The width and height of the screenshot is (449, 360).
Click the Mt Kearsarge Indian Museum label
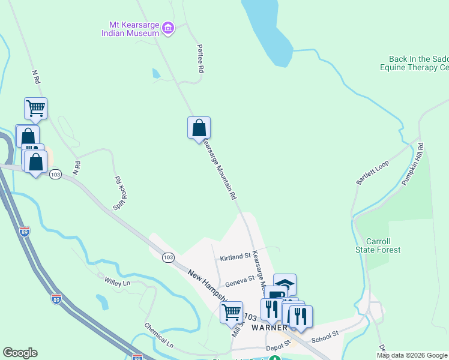coord(134,29)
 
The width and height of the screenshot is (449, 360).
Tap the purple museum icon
coord(168,28)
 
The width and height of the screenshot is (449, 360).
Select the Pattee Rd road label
coord(200,58)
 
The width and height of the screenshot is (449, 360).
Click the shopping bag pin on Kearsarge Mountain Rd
coord(199,128)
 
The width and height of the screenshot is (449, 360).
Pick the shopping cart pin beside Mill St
coord(231,312)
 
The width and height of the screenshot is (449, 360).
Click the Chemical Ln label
coord(158,336)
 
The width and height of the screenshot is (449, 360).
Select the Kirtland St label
coord(235,257)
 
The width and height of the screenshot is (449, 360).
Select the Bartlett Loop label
coord(373,172)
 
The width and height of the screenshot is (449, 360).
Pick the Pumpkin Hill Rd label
coord(412,164)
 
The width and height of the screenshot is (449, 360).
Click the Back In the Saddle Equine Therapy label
coord(418,64)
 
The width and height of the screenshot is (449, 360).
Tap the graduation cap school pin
coord(285,284)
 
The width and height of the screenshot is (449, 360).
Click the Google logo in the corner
coord(20,353)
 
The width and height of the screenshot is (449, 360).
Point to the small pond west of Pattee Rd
coord(156,74)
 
